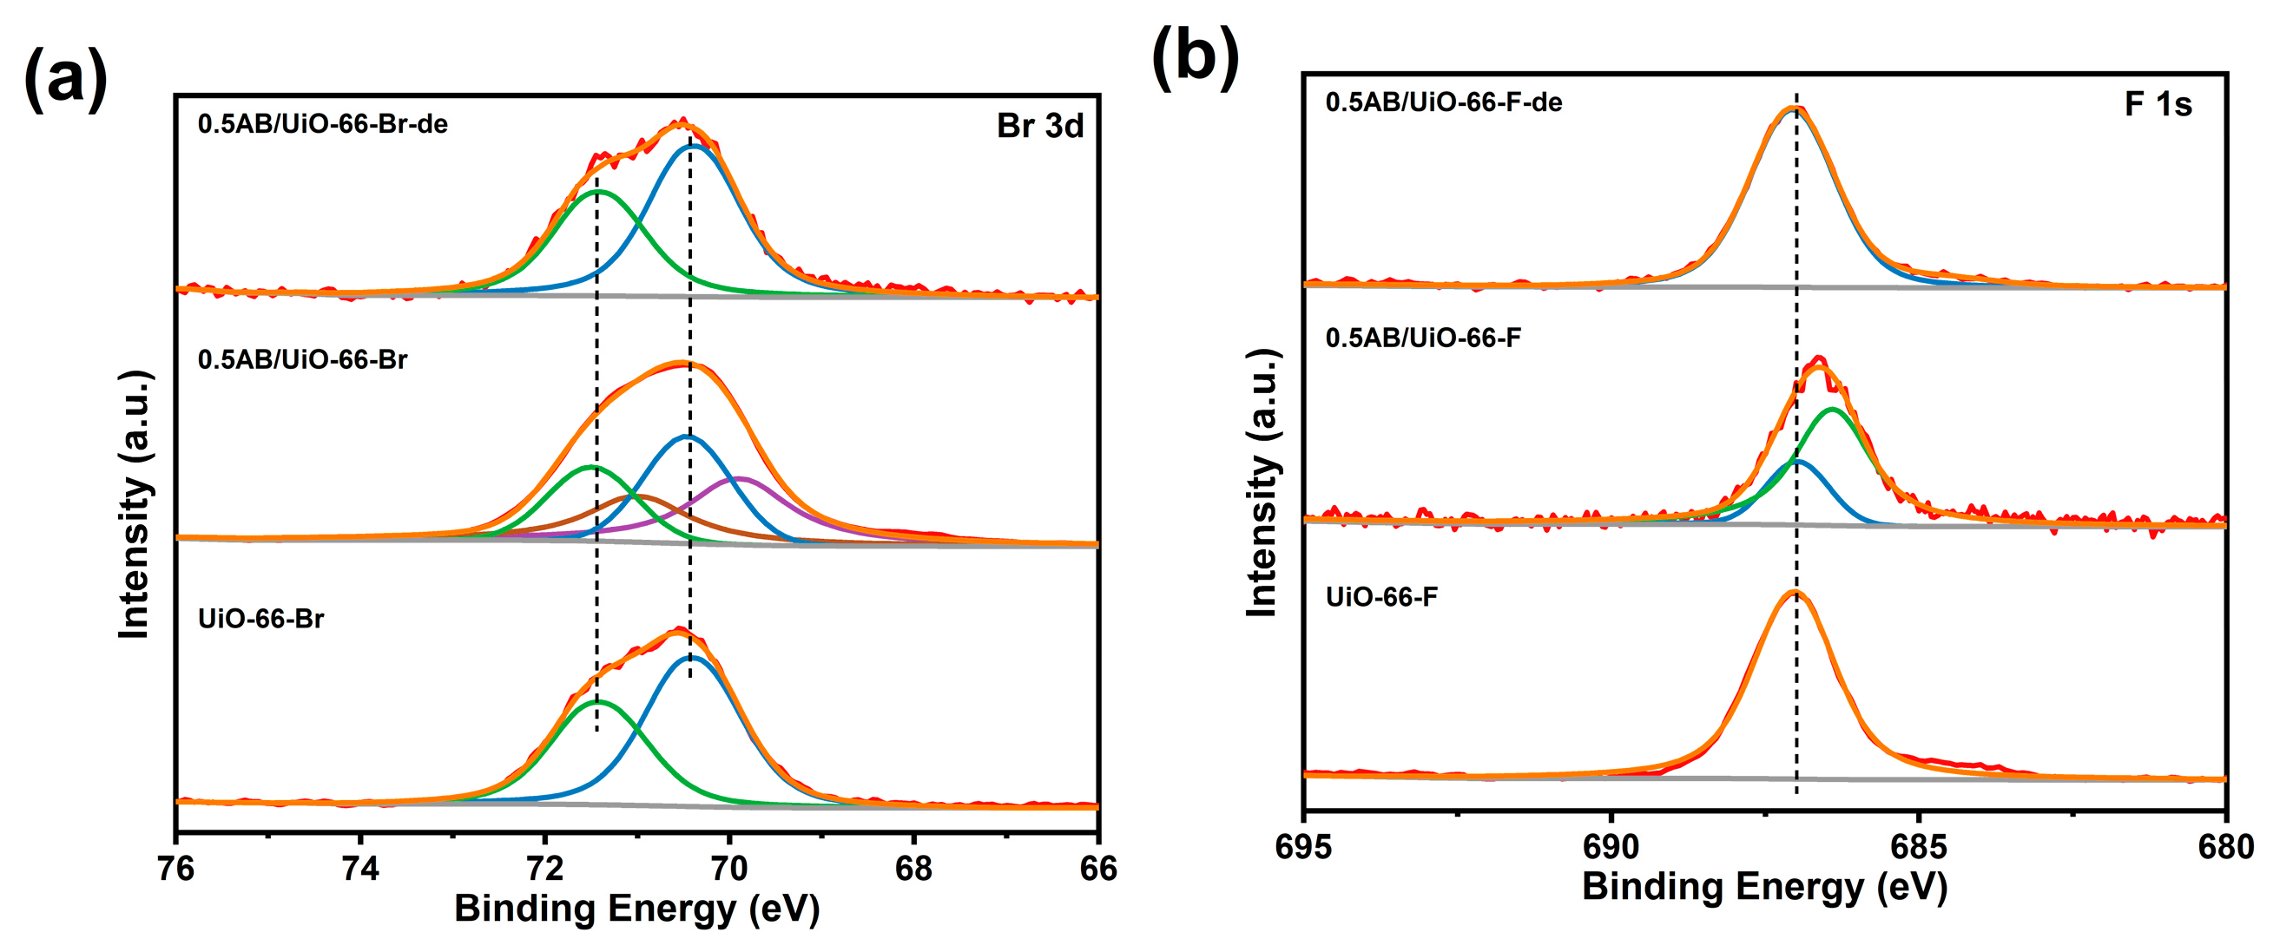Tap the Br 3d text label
pyautogui.click(x=1039, y=127)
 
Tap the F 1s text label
pyautogui.click(x=2157, y=105)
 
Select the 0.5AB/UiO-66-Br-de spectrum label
pyautogui.click(x=322, y=124)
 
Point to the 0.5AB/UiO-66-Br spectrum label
pyautogui.click(x=302, y=359)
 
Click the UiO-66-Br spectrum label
pyautogui.click(x=260, y=619)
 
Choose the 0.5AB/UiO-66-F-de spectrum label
pyautogui.click(x=1443, y=102)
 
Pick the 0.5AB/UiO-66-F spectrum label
pyautogui.click(x=1422, y=338)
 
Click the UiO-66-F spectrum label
pyautogui.click(x=1380, y=596)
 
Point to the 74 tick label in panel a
pyautogui.click(x=360, y=868)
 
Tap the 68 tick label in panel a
pyautogui.click(x=913, y=868)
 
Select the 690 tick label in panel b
pyautogui.click(x=1611, y=846)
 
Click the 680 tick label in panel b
pyautogui.click(x=2224, y=846)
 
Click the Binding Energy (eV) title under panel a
pyautogui.click(x=636, y=909)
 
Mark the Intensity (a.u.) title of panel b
pyautogui.click(x=1262, y=483)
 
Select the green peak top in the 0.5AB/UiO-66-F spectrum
pyautogui.click(x=1832, y=410)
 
